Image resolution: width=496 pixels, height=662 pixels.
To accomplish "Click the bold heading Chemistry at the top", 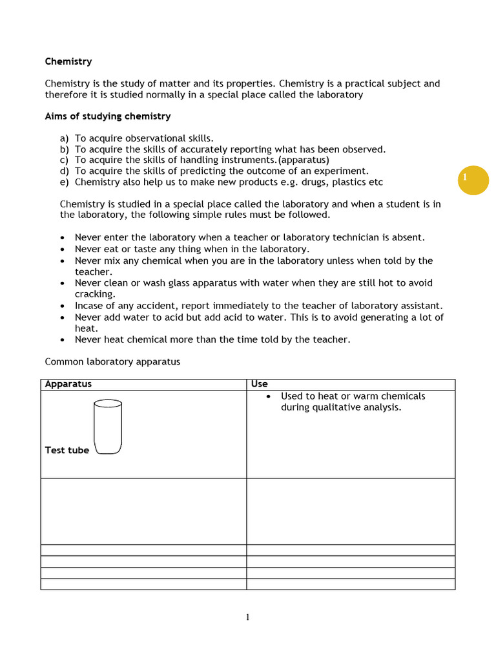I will click(68, 61).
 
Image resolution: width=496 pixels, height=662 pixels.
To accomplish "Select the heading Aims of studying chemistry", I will click(107, 116).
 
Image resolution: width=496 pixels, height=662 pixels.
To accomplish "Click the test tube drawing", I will click(107, 427).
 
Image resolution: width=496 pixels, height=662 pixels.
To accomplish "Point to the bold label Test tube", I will click(67, 450).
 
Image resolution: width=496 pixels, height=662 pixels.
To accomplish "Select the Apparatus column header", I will click(68, 384).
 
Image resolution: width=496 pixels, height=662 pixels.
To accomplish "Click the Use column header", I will click(259, 384).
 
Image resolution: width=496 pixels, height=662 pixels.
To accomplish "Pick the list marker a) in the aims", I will click(64, 138).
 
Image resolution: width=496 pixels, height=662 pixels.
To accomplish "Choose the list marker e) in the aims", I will click(64, 182).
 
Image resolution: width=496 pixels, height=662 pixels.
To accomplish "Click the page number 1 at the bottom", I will click(247, 617).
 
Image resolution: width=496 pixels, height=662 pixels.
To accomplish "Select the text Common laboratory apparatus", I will click(112, 362).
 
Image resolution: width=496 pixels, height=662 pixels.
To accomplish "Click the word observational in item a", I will click(146, 138).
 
